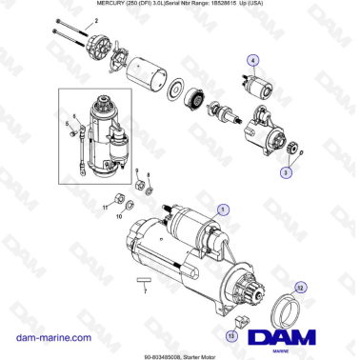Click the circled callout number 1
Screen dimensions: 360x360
[223, 209]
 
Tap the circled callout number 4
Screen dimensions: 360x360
[252, 61]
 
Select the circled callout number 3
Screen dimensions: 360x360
[285, 173]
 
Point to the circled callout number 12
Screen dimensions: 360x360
[300, 287]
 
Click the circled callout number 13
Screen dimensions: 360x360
[231, 335]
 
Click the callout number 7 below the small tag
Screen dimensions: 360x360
[144, 290]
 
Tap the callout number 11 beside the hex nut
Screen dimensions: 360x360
[106, 205]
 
